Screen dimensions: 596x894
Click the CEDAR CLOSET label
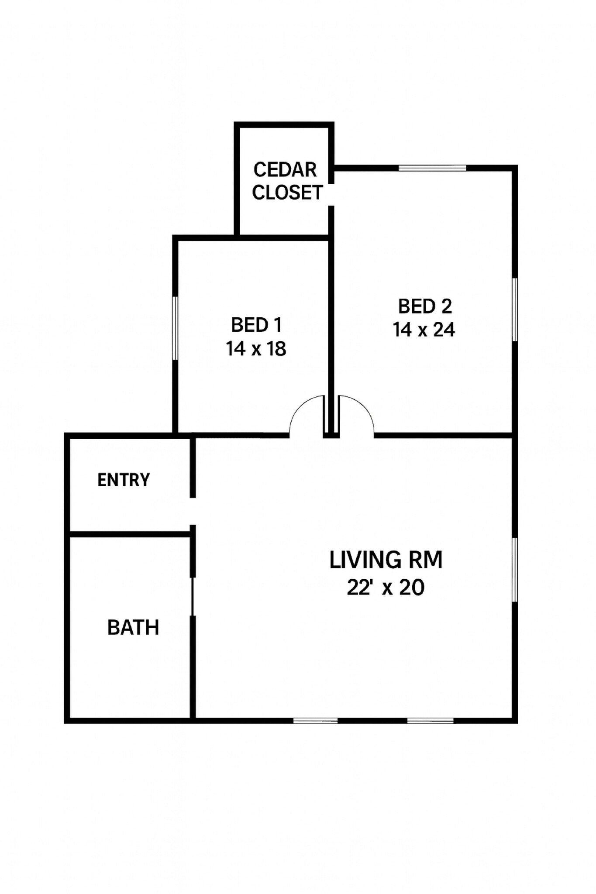point(287,181)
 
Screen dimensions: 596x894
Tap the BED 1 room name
point(256,325)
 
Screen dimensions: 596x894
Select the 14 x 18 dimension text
point(256,348)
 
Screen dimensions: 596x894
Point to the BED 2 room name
point(424,306)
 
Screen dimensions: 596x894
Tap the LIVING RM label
point(386,560)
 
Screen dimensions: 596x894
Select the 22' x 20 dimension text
point(386,587)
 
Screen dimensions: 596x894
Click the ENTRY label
point(124,480)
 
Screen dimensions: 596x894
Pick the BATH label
point(133,627)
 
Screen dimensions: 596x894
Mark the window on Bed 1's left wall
point(175,328)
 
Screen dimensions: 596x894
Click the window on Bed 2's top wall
point(432,168)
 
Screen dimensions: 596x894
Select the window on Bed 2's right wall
point(515,309)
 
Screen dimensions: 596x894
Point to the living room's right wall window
point(515,570)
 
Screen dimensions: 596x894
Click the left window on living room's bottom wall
point(315,720)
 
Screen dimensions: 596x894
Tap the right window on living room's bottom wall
point(431,720)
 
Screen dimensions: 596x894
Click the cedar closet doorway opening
point(331,194)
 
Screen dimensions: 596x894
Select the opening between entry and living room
point(193,511)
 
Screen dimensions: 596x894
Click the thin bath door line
point(192,596)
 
